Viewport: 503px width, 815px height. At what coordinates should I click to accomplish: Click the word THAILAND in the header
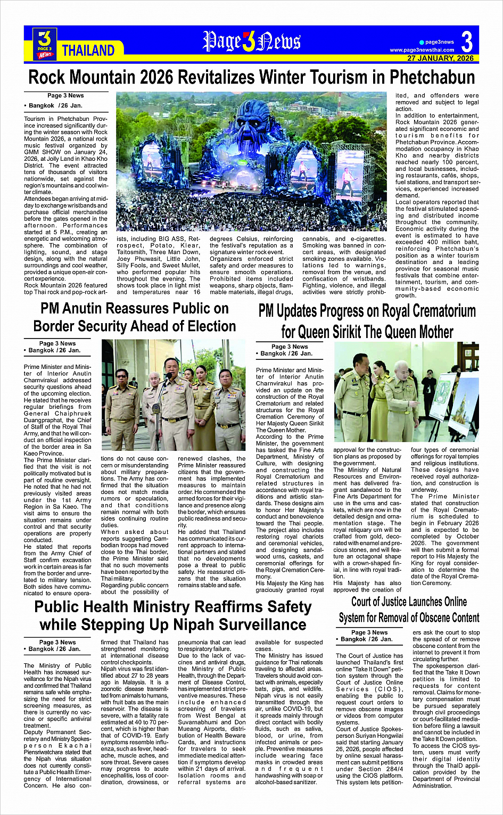[88, 51]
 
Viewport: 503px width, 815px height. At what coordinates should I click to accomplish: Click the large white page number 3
[467, 42]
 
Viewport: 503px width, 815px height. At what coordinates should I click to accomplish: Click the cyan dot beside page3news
[422, 42]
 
